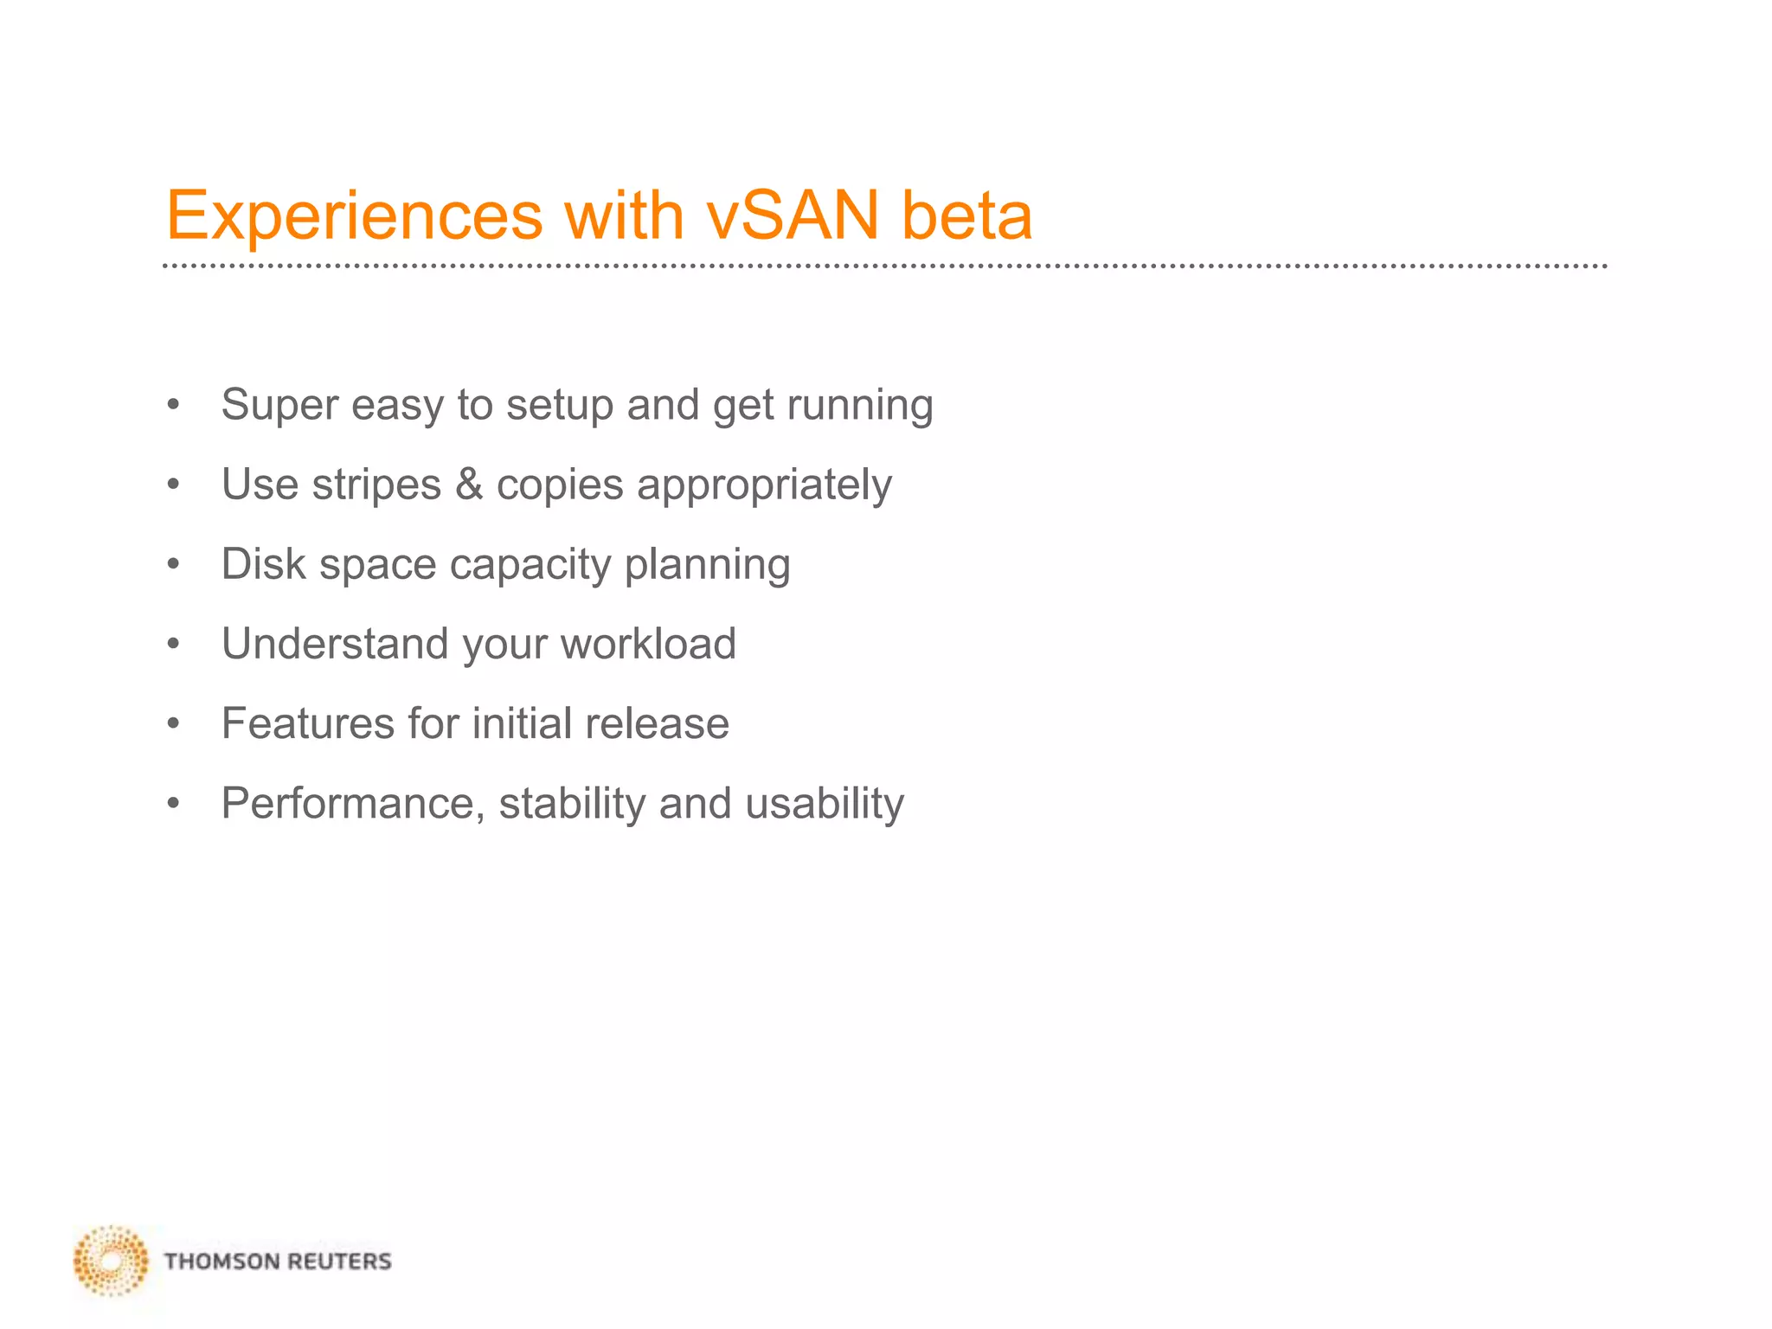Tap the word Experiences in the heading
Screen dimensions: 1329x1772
(x=354, y=216)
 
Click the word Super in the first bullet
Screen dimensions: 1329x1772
(x=279, y=405)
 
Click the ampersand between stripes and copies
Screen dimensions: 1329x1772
(x=468, y=484)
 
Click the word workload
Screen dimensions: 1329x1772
(x=648, y=644)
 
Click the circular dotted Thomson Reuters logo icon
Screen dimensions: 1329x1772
(x=111, y=1261)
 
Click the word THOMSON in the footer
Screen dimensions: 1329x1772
(x=221, y=1262)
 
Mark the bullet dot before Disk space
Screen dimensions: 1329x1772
(x=173, y=565)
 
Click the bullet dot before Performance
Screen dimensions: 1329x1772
(x=173, y=804)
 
